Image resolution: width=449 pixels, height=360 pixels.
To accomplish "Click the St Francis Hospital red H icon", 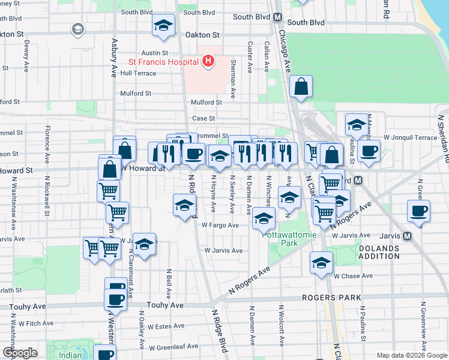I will (x=208, y=61).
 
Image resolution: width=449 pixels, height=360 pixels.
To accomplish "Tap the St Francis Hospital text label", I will (x=163, y=62).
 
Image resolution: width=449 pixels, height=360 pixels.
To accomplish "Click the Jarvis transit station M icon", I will (x=407, y=236).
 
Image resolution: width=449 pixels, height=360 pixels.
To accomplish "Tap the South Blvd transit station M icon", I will (x=277, y=17).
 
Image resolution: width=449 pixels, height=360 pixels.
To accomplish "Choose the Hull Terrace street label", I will (x=138, y=73).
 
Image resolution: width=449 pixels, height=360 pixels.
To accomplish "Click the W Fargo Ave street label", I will (x=220, y=226).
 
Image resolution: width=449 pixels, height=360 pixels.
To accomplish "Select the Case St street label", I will (x=203, y=118).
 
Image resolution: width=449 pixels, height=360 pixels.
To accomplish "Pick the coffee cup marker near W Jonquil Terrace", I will (x=369, y=151).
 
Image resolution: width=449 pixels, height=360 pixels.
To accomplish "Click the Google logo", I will (x=20, y=353).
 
